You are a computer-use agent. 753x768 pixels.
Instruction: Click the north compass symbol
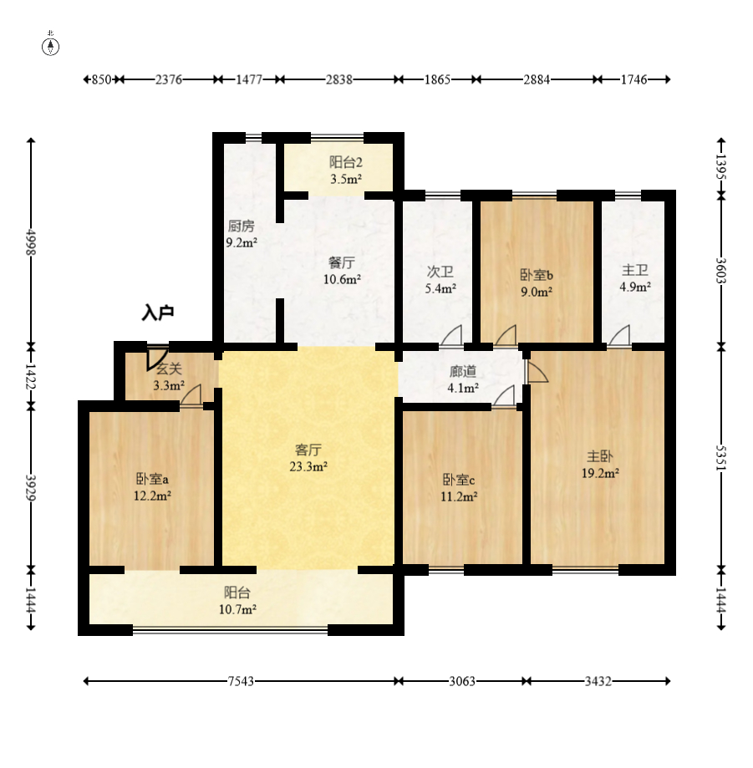click(x=50, y=44)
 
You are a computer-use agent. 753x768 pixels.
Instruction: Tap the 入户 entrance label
click(x=158, y=313)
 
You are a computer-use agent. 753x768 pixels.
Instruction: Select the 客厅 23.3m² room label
click(x=308, y=458)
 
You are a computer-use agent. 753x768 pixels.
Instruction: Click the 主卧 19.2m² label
click(x=600, y=465)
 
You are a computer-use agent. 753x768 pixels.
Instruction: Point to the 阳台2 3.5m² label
click(x=346, y=170)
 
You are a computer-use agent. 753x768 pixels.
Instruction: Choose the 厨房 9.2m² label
click(x=242, y=234)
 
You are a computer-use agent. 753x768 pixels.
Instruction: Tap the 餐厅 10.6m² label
click(x=342, y=271)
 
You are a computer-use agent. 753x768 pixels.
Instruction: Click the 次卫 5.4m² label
click(x=440, y=280)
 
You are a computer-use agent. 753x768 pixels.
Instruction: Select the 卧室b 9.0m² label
click(x=537, y=283)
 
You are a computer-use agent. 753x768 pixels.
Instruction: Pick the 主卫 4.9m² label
click(x=635, y=278)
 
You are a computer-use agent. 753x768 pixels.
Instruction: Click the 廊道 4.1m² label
click(x=463, y=379)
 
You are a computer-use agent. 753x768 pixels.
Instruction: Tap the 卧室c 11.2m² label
click(x=459, y=488)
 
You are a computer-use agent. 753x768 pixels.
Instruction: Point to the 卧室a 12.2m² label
click(x=152, y=487)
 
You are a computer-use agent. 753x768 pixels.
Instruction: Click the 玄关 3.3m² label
click(x=169, y=377)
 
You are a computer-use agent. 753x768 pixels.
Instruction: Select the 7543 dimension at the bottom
click(x=241, y=681)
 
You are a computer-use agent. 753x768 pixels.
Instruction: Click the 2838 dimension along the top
click(x=339, y=79)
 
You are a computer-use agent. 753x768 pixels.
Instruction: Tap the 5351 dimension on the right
click(x=721, y=458)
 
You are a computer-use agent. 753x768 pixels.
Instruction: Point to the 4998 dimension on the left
click(x=31, y=242)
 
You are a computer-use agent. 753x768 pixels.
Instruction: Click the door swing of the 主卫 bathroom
click(x=620, y=335)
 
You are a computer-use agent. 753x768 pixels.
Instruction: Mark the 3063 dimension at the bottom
click(x=462, y=681)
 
